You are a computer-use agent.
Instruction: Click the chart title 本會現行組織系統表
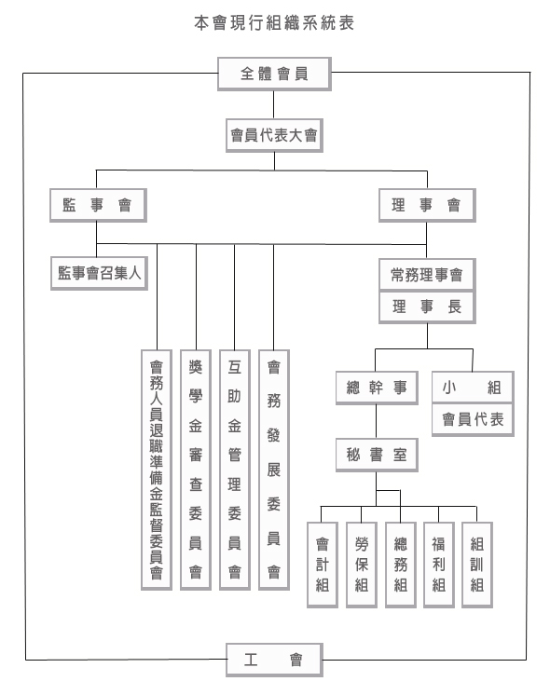274,23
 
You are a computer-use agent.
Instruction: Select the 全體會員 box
275,74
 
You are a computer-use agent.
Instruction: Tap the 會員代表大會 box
275,135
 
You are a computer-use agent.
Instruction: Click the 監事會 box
98,205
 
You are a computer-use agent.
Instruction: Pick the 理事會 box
427,205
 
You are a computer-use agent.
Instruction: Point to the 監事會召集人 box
99,273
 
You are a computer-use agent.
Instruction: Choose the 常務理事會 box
427,275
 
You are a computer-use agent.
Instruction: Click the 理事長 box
427,307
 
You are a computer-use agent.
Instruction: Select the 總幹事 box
377,388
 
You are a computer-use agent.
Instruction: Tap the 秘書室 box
377,455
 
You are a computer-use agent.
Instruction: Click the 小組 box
473,388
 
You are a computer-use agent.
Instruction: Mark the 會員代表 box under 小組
473,419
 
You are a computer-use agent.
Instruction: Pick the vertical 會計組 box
323,565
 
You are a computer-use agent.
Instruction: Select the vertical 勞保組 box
362,565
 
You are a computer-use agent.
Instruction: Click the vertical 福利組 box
439,565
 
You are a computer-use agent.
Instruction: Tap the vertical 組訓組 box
477,565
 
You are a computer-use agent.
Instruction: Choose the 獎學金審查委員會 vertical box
196,470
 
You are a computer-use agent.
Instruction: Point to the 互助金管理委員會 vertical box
235,470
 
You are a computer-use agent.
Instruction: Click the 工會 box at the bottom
275,660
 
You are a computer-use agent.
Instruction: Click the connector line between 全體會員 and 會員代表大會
274,104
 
